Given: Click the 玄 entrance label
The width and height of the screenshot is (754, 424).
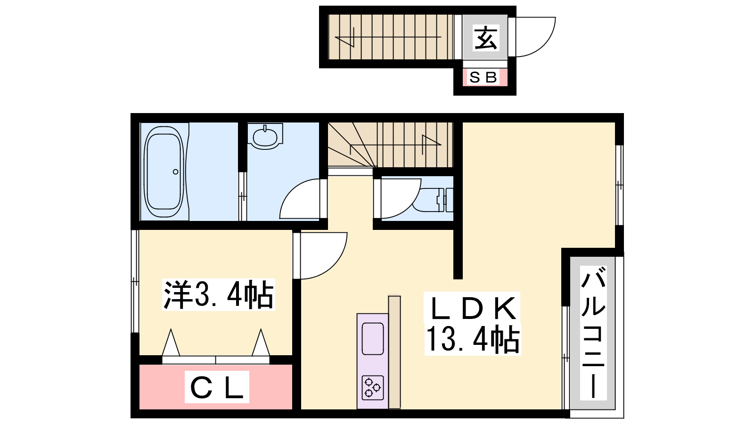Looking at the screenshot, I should click(485, 38).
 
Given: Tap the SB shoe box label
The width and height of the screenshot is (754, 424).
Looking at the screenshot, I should click(484, 77).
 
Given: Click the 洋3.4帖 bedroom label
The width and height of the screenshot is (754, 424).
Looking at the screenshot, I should click(218, 295).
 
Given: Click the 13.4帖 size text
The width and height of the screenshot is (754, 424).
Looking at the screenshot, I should click(472, 340).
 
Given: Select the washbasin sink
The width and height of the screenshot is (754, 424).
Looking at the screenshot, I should click(265, 137).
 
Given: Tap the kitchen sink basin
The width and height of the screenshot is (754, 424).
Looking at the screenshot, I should click(372, 338).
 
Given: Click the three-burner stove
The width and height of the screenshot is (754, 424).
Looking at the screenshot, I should click(372, 387).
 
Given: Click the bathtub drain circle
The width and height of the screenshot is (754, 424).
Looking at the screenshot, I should click(175, 171).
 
